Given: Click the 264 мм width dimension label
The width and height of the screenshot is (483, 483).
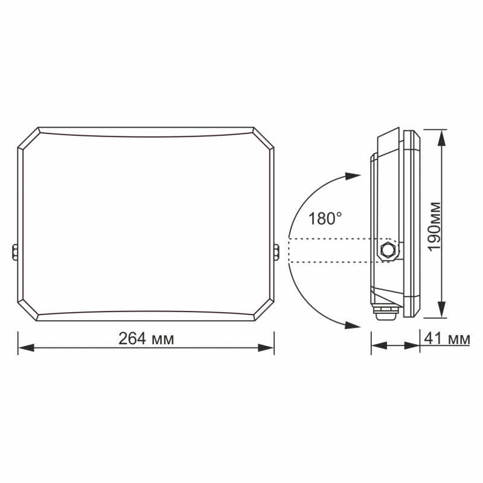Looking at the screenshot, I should (x=146, y=339).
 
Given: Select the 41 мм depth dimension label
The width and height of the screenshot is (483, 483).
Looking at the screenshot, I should (x=447, y=339).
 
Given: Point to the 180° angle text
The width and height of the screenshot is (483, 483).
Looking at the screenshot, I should (x=325, y=218).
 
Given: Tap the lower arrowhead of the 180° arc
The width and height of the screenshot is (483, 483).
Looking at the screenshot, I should (x=353, y=325).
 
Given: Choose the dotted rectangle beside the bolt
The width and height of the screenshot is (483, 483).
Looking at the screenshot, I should (x=329, y=251).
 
